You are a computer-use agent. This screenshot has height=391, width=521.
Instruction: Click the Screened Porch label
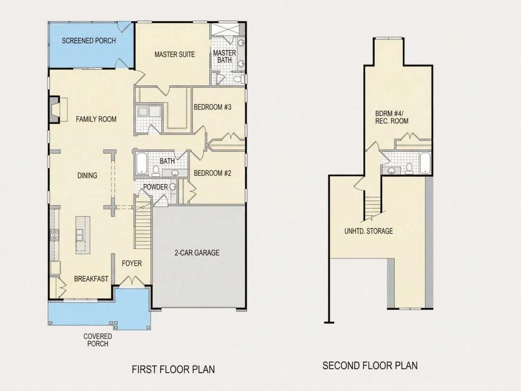tap(89, 41)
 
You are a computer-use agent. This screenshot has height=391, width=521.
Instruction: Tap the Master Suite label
tap(174, 54)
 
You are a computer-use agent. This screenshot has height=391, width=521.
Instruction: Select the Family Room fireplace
tap(54, 109)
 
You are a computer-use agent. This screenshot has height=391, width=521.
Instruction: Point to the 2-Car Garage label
tap(197, 253)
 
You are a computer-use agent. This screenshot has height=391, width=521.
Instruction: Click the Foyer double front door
tap(132, 281)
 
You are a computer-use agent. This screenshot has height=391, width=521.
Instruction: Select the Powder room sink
tap(173, 187)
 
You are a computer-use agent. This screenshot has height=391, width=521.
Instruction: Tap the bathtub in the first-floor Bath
tap(142, 163)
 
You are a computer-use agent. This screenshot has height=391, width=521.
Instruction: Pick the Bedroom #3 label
tap(212, 107)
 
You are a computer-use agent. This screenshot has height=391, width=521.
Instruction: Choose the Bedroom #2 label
tap(212, 173)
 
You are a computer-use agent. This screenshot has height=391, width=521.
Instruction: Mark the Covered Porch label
tap(98, 340)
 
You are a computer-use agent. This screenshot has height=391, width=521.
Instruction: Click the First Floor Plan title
tap(173, 369)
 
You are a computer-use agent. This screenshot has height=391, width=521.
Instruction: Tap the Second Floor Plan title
tap(370, 365)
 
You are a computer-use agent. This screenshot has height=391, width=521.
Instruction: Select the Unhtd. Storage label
tap(368, 231)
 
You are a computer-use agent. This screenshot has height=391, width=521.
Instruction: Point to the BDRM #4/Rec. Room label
tap(392, 117)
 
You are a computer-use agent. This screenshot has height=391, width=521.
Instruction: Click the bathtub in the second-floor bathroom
tap(425, 163)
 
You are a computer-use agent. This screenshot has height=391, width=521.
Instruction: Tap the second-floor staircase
tap(372, 208)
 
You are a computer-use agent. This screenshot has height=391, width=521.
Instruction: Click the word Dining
tap(87, 175)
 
